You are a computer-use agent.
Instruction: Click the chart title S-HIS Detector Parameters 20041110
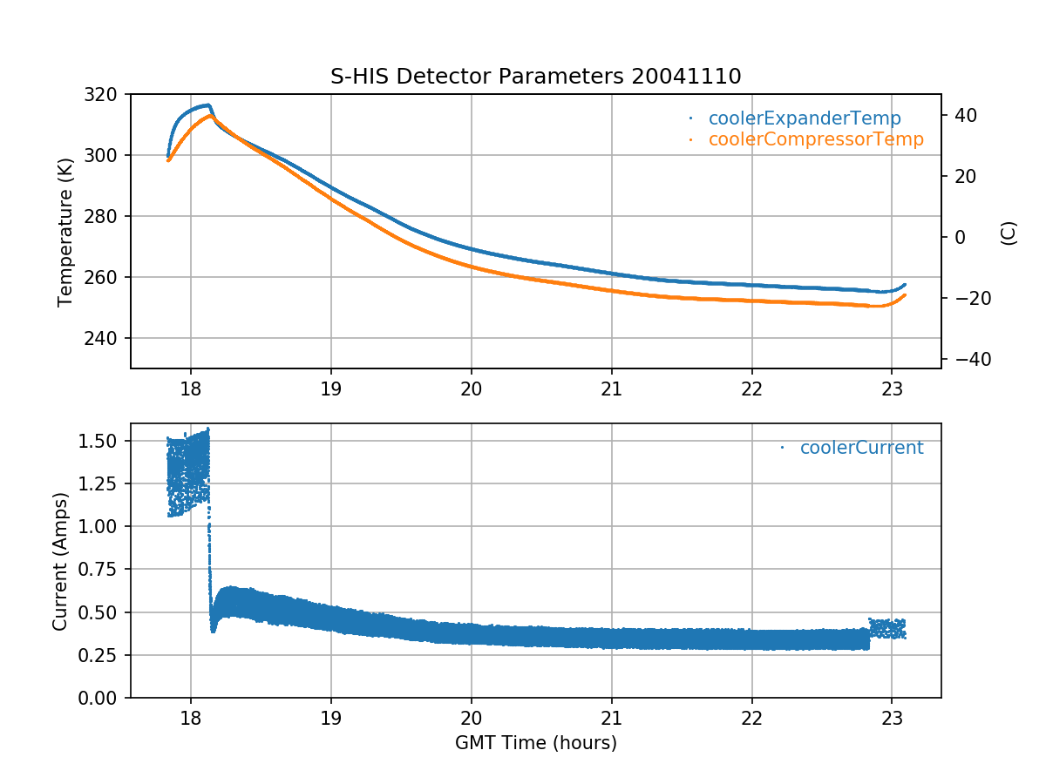coord(535,76)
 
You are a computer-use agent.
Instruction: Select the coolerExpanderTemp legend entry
coord(804,118)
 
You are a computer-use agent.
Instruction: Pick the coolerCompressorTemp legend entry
coord(815,139)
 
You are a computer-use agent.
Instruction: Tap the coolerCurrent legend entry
coord(860,448)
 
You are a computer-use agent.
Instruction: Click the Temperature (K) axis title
coord(65,231)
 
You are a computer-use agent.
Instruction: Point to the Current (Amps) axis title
coord(59,560)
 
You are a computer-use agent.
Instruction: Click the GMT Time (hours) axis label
coord(535,743)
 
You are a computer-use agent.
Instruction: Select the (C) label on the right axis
coord(1009,232)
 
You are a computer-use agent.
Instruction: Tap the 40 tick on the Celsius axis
coord(966,115)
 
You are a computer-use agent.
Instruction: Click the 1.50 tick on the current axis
coord(105,441)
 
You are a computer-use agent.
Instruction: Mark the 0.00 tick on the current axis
coord(105,698)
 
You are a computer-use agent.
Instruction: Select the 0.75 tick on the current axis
coord(105,570)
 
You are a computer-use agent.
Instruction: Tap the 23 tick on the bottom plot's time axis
coord(891,717)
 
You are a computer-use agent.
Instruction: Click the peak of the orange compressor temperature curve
coord(211,116)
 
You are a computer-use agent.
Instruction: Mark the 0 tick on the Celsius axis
coord(955,237)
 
